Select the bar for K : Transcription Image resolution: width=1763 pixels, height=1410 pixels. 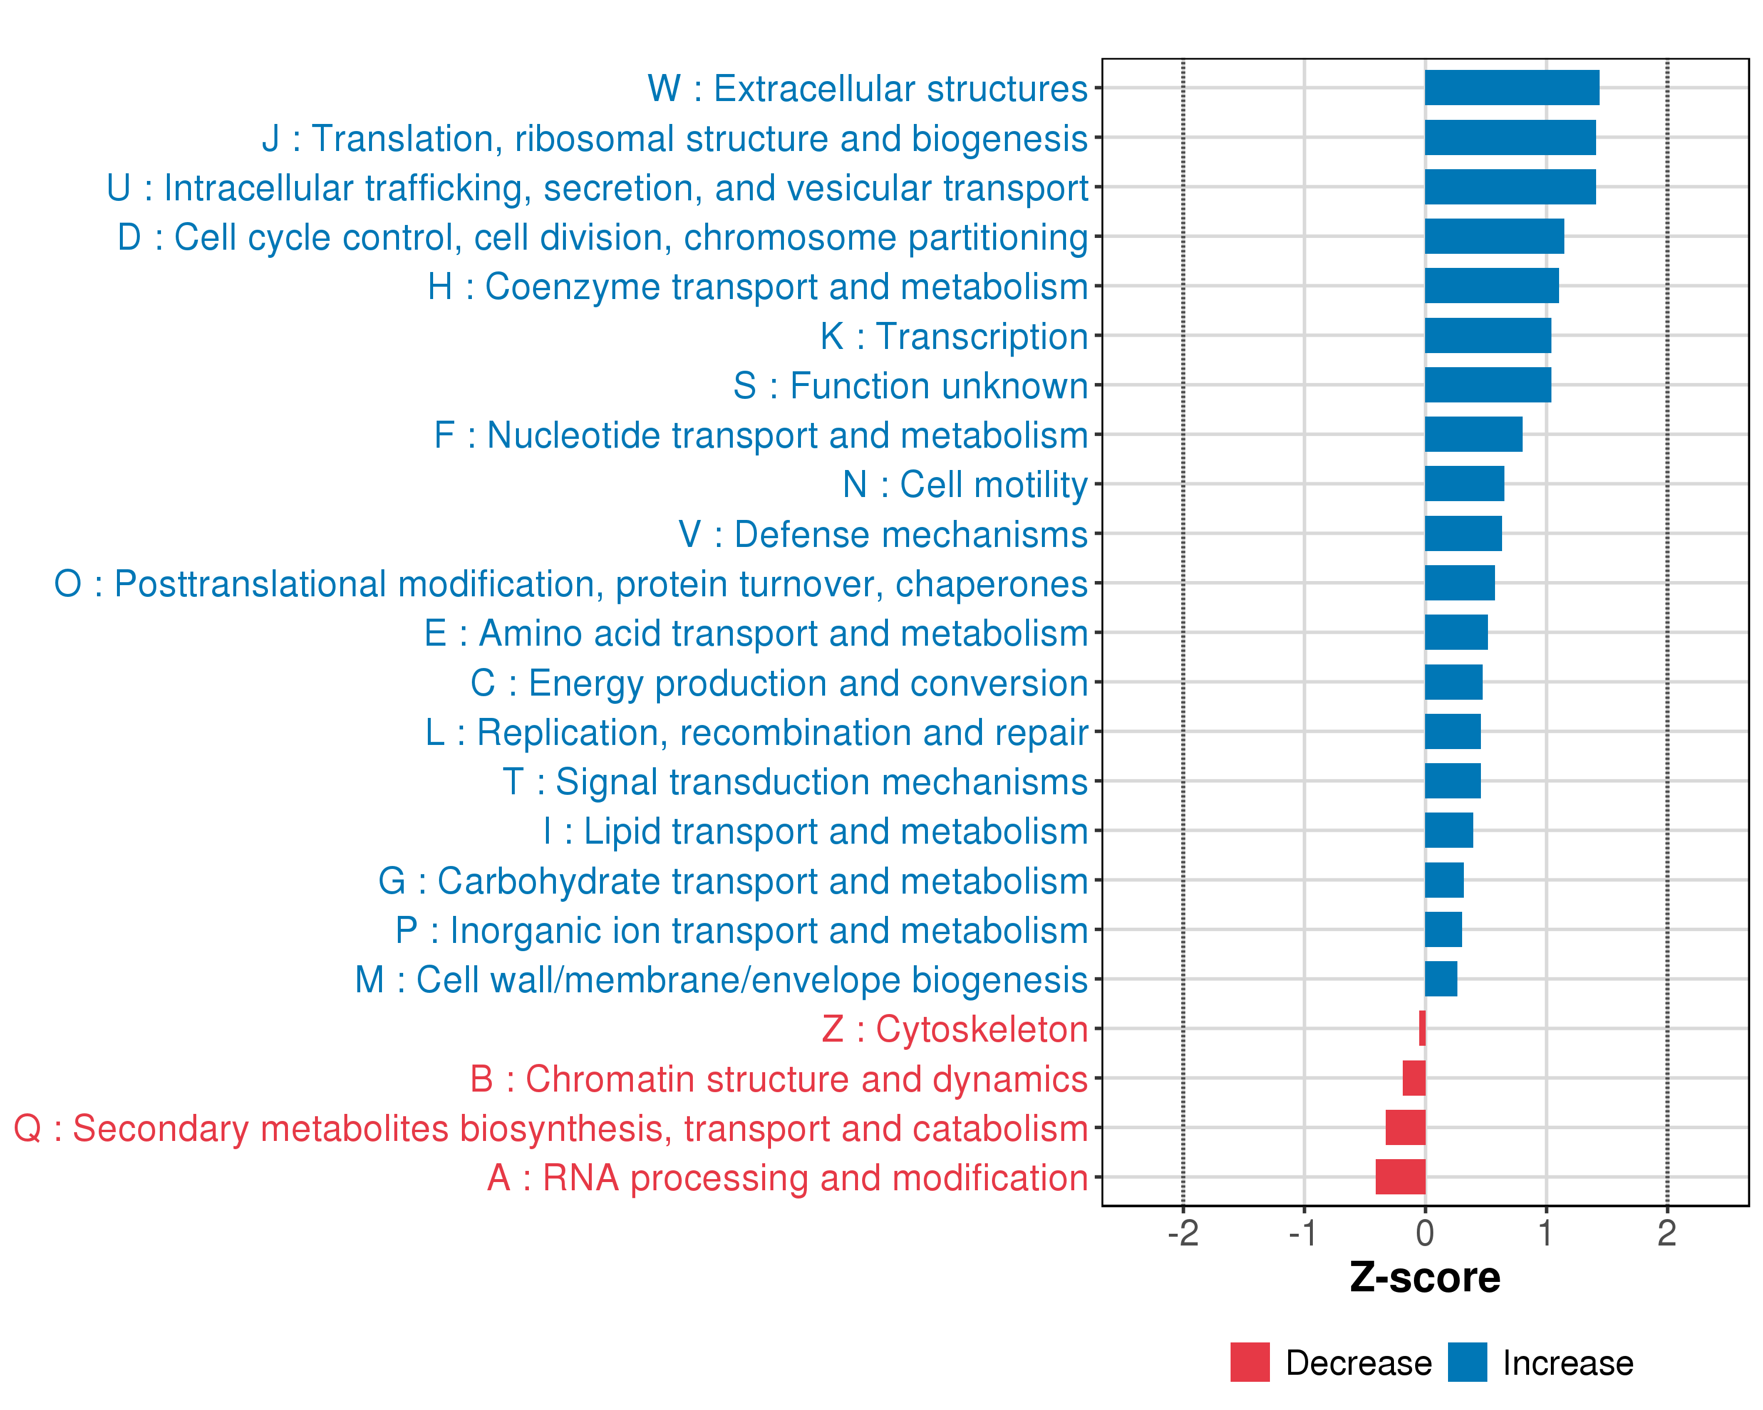(x=1487, y=335)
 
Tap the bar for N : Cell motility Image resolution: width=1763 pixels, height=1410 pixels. (x=1464, y=484)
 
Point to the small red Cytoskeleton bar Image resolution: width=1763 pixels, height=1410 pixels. (x=1422, y=1028)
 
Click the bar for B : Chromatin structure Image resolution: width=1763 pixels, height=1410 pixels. (x=1414, y=1078)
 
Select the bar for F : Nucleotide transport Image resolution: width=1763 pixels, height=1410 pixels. (x=1473, y=434)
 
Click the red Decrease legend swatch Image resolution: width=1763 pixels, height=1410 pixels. (x=1249, y=1362)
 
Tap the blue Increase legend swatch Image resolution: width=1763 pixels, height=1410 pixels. (x=1467, y=1362)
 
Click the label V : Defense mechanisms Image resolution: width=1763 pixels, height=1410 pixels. (x=883, y=535)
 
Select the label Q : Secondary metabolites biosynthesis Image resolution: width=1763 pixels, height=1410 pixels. (x=550, y=1129)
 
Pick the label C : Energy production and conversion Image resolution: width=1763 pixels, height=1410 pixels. (x=779, y=683)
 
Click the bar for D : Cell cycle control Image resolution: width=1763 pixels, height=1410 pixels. (x=1494, y=236)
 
